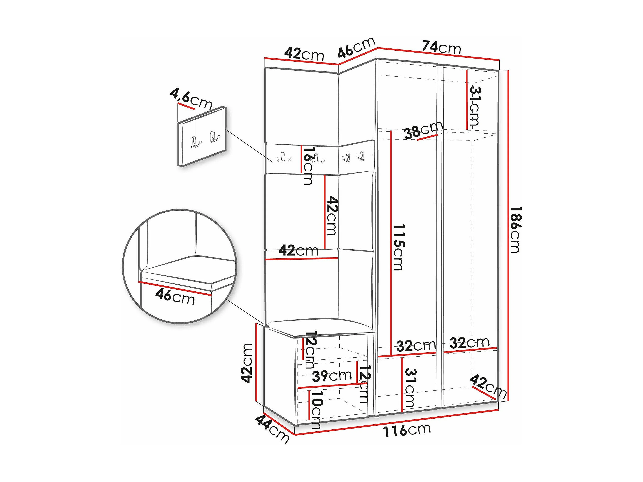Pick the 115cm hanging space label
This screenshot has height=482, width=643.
pyautogui.click(x=398, y=247)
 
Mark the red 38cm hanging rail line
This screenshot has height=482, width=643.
pyautogui.click(x=427, y=137)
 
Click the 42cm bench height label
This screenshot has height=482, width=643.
pyautogui.click(x=247, y=363)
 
